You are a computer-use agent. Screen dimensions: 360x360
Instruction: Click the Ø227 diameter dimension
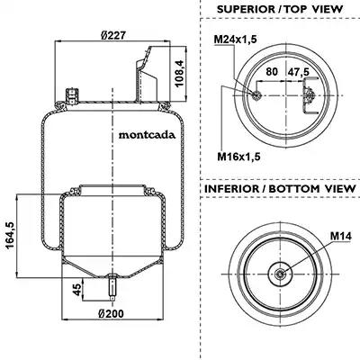tap(112, 35)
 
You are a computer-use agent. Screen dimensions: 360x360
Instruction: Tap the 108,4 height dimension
tap(179, 73)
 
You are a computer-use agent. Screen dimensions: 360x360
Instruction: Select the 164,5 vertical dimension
tap(10, 236)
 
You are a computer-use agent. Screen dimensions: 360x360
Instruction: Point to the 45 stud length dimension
tap(77, 290)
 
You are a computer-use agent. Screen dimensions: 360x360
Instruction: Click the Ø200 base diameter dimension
tap(111, 314)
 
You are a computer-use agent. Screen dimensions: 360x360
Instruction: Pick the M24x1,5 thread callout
tap(235, 40)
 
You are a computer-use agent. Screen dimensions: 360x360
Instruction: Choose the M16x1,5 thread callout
tap(238, 157)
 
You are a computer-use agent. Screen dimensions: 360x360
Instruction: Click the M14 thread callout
tap(341, 237)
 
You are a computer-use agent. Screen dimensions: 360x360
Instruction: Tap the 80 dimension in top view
tap(272, 72)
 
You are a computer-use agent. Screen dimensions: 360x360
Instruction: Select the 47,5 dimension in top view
tap(299, 72)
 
